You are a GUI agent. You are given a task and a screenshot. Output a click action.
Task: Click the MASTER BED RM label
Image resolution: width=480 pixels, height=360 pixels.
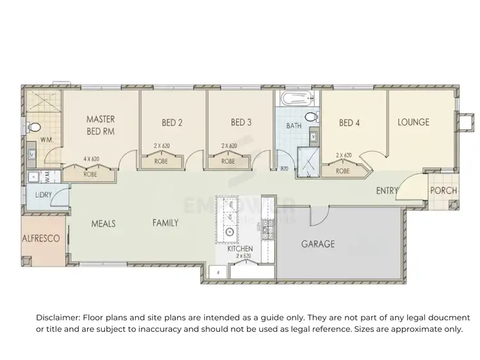pyautogui.click(x=100, y=125)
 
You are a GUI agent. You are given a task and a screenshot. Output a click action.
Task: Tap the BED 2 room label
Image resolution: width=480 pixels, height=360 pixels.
pyautogui.click(x=172, y=123)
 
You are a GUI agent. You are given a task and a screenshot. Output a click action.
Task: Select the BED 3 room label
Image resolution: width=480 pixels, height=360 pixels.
pyautogui.click(x=240, y=123)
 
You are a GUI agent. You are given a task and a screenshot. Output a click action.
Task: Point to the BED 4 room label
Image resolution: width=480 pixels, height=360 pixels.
pyautogui.click(x=349, y=123)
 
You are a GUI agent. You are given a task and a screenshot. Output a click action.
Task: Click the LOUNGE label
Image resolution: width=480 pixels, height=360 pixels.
pyautogui.click(x=413, y=122)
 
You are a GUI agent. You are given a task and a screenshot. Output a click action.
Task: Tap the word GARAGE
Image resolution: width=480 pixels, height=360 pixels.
pyautogui.click(x=319, y=244)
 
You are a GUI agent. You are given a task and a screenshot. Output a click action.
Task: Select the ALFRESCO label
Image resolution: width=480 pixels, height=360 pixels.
pyautogui.click(x=42, y=238)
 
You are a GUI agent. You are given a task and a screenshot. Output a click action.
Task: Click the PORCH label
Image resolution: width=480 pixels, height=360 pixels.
pyautogui.click(x=443, y=191)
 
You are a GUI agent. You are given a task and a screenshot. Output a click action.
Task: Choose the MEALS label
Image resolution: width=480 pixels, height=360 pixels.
pyautogui.click(x=103, y=223)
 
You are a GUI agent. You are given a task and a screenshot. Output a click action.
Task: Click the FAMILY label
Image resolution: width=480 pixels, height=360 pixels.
pyautogui.click(x=165, y=223)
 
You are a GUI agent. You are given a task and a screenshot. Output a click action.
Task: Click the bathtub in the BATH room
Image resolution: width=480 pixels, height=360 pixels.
pyautogui.click(x=295, y=100)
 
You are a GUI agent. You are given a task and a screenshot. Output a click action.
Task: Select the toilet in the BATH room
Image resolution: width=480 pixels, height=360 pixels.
pyautogui.click(x=312, y=117)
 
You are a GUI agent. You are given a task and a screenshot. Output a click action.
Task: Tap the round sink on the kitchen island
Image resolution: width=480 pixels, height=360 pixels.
pyautogui.click(x=228, y=233)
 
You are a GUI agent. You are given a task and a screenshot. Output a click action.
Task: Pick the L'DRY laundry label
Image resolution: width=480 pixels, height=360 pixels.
pyautogui.click(x=44, y=194)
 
